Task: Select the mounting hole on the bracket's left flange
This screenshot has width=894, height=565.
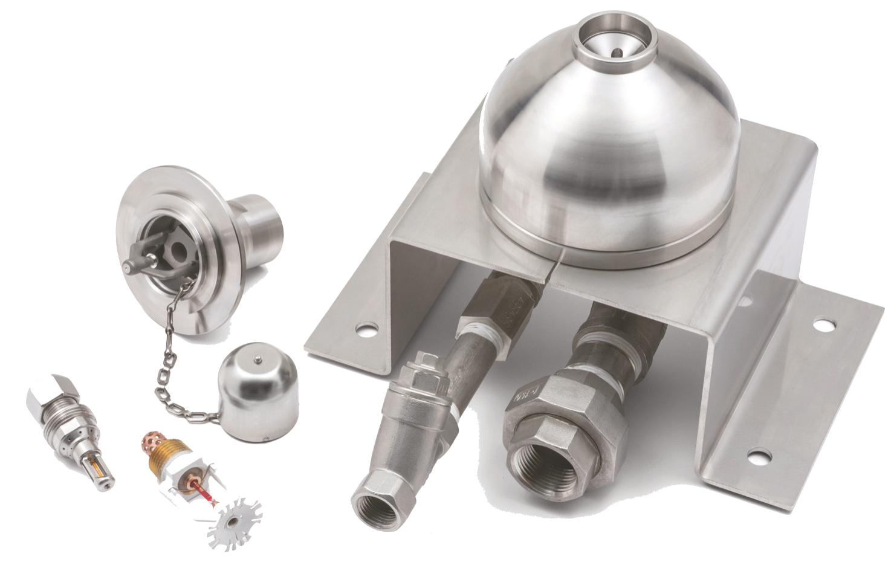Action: point(364,331)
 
